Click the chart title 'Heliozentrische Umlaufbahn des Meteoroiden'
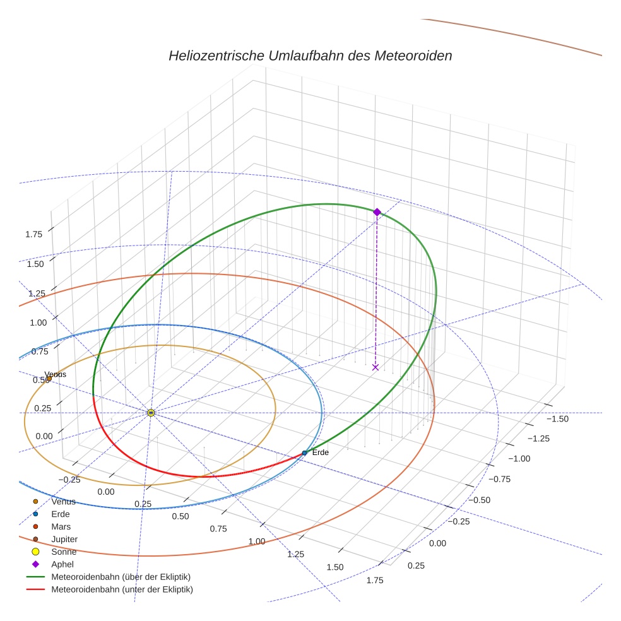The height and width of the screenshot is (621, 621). pos(310,56)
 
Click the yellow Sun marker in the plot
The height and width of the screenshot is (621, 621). pos(151,413)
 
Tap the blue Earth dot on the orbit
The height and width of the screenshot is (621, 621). pos(304,453)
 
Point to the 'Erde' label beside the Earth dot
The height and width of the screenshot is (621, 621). pos(321,452)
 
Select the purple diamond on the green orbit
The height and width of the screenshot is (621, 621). pos(377,212)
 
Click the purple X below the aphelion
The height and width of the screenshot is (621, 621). pos(376,367)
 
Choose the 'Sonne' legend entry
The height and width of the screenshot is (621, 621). pos(64,552)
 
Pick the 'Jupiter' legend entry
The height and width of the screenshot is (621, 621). pos(64,539)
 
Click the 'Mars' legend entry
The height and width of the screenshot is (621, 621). pos(61,526)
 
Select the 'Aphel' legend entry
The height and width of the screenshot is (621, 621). pos(63,564)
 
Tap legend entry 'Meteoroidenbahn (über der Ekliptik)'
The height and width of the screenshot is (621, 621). pos(121,577)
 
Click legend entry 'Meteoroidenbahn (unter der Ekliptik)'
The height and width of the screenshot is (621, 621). pos(122,589)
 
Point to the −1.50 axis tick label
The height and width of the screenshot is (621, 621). pos(557,418)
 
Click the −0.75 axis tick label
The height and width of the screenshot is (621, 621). pos(502,479)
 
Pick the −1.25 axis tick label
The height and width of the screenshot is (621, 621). pos(539,439)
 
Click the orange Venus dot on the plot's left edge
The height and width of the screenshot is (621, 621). pos(49,379)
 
